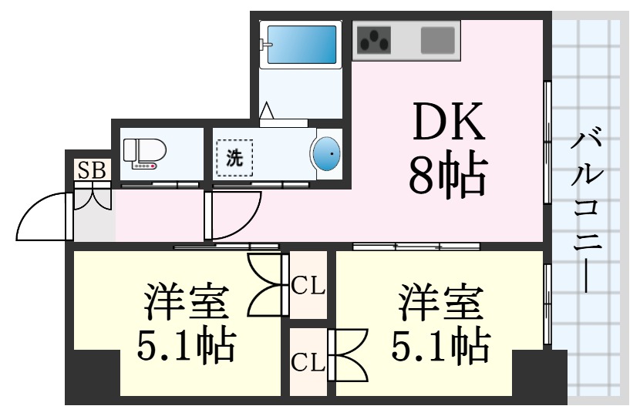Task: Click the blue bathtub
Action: [301, 44]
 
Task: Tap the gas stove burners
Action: [374, 40]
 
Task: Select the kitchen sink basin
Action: [437, 40]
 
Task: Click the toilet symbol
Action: [144, 153]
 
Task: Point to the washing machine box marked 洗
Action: [234, 158]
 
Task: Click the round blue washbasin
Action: [325, 153]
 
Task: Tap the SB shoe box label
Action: [92, 170]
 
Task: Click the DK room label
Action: [449, 122]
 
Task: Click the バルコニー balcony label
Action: [587, 210]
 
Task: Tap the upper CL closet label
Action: [308, 286]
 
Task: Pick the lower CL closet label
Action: [308, 362]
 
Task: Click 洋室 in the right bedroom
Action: [441, 302]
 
